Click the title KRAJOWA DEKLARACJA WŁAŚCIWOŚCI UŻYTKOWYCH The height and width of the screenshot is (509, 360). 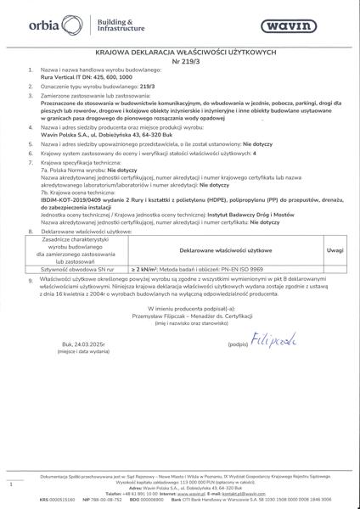(x=180, y=53)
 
